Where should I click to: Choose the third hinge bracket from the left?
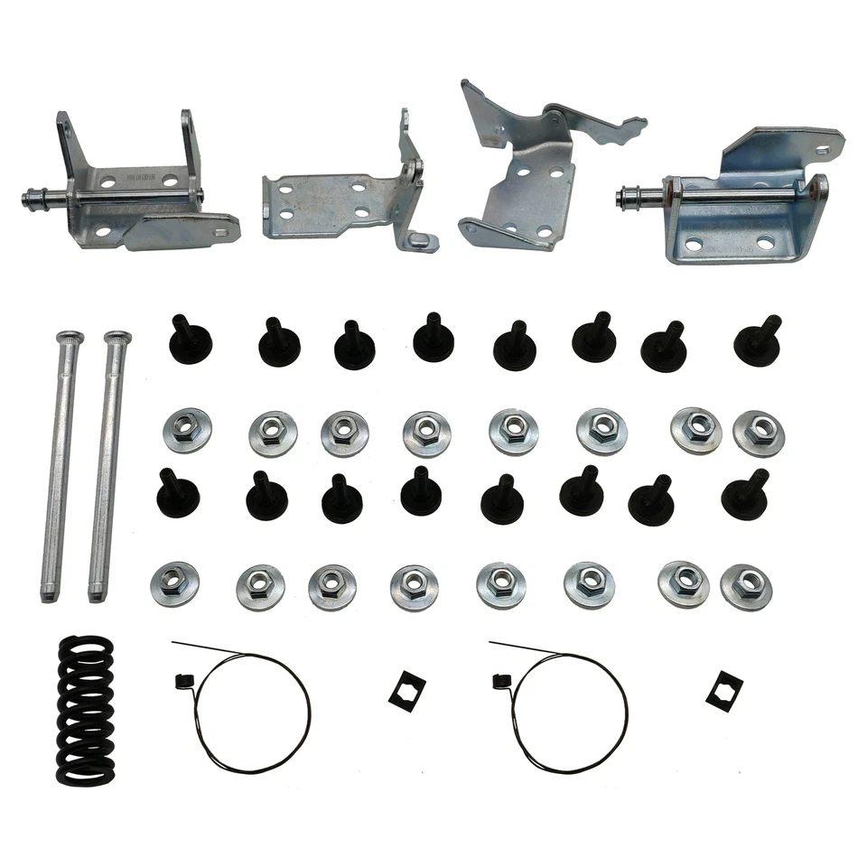(x=524, y=172)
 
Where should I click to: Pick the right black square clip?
(x=722, y=691)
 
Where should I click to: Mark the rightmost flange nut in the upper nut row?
(x=759, y=433)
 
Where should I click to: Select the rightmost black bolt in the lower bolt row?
(x=746, y=494)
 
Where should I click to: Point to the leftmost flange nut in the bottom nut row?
(x=175, y=583)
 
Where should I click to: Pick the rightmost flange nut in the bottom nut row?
(x=747, y=586)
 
